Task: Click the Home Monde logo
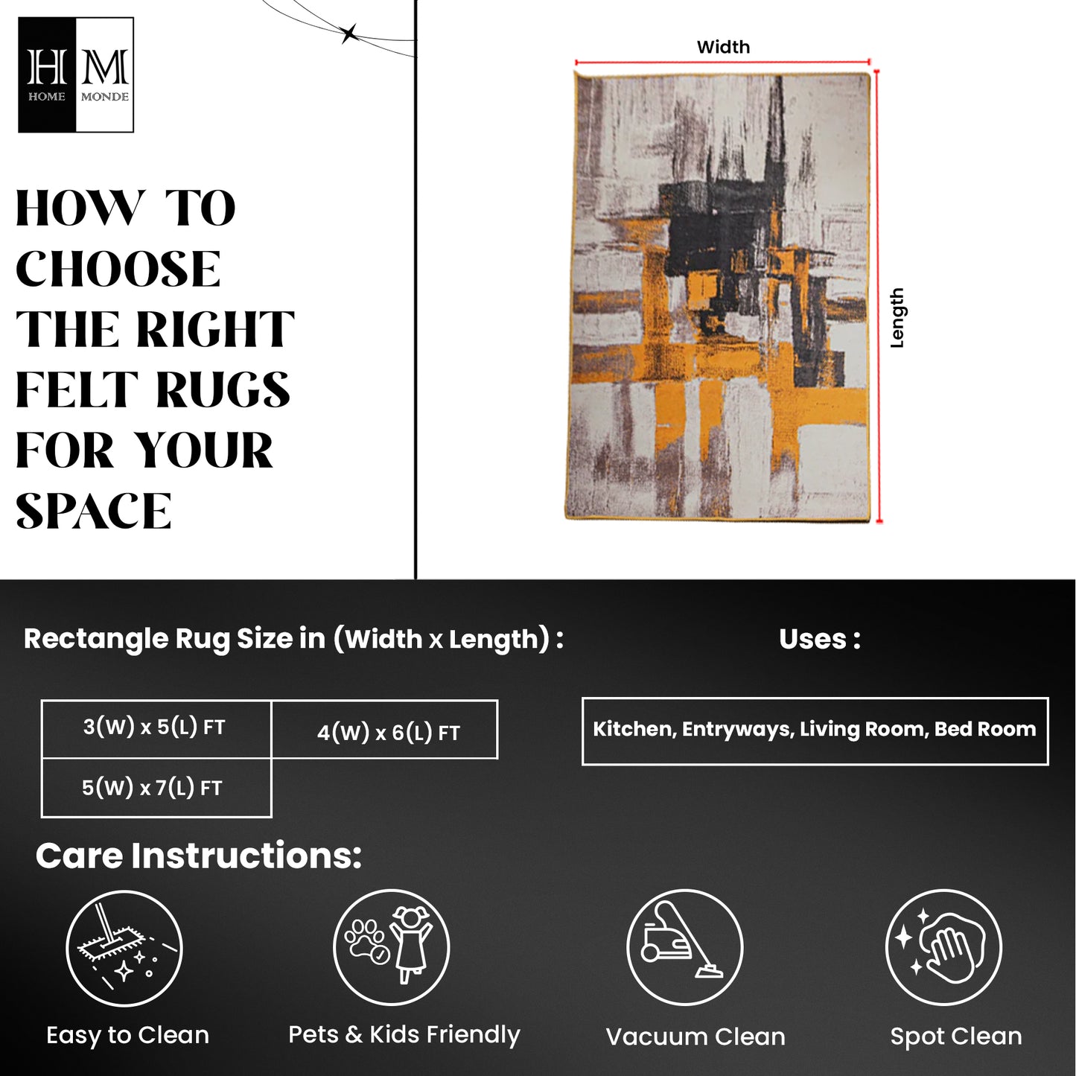click(76, 74)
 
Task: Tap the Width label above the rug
click(723, 47)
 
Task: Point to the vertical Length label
click(897, 318)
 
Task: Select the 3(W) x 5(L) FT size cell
click(156, 729)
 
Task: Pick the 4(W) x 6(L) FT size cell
click(385, 729)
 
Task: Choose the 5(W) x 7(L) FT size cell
click(156, 788)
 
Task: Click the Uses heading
click(819, 640)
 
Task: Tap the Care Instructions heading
click(199, 856)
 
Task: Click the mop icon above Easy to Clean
click(124, 948)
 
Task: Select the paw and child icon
click(391, 948)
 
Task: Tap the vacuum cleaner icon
click(684, 948)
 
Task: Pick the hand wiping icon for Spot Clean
click(943, 948)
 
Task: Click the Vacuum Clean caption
click(695, 1037)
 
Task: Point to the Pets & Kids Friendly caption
click(404, 1035)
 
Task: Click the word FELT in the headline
click(77, 389)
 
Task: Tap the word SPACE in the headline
click(94, 511)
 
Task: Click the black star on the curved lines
click(349, 34)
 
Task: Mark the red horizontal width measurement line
click(722, 62)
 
